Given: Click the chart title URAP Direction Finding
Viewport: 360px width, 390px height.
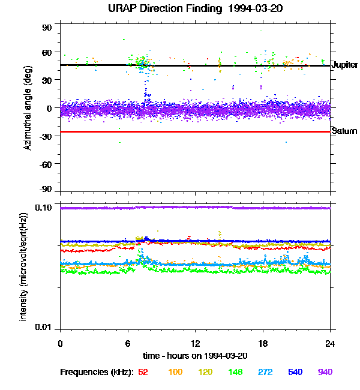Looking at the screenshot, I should tap(174, 8).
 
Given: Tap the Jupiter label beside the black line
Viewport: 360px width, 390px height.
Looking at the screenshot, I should tap(344, 65).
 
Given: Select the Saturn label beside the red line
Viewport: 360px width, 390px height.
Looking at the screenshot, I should tap(344, 131).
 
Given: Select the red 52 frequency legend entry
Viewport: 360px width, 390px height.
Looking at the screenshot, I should tap(143, 372).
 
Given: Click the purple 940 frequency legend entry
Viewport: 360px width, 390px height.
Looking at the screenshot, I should tap(325, 372).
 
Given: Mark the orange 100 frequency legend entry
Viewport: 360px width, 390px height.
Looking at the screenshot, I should tap(175, 372).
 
